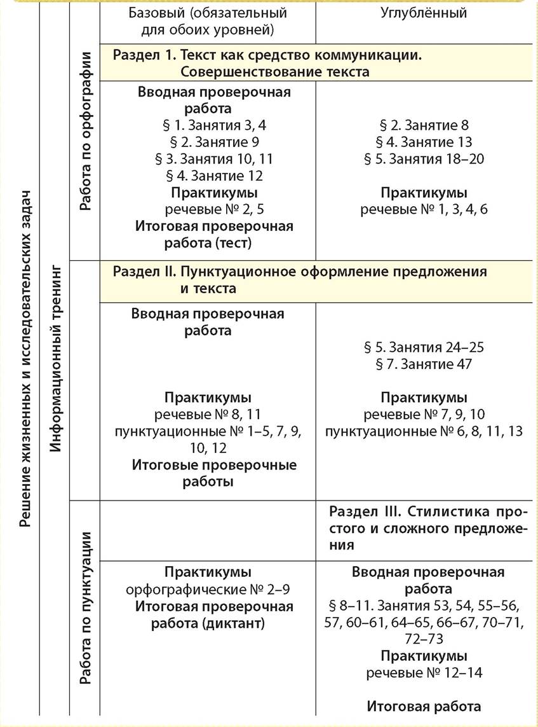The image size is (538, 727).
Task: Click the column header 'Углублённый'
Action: pos(424,13)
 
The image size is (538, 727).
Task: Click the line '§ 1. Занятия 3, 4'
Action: pos(214,125)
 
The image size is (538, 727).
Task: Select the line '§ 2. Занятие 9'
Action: pos(214,142)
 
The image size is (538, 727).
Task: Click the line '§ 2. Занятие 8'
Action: pos(424,125)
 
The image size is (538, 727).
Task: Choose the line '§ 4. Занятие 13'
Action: pos(424,142)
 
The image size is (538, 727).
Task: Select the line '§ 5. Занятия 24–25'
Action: pos(424,347)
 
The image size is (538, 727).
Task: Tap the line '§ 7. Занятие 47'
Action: pos(424,364)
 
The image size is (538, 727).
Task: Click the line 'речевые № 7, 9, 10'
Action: pos(424,415)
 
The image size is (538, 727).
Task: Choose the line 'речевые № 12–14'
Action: pos(424,672)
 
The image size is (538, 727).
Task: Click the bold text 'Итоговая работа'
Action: pos(424,705)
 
